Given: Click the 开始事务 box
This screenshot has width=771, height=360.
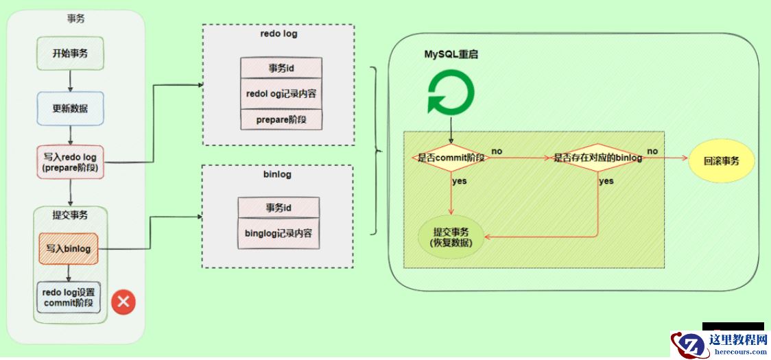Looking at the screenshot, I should (x=69, y=53).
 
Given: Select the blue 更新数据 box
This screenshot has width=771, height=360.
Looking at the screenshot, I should (x=69, y=108).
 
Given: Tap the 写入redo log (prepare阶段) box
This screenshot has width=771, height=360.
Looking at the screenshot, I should (x=69, y=162).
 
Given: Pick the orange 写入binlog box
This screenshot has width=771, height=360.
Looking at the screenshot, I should (x=69, y=248).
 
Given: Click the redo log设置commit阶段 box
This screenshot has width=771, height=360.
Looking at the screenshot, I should (x=69, y=298).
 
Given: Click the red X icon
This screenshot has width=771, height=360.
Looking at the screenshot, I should (x=123, y=302).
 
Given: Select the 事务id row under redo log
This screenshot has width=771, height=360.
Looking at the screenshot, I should (x=281, y=67).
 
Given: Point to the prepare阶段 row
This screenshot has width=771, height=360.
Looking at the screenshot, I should (x=281, y=119).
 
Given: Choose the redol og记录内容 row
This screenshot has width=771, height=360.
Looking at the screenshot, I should (x=281, y=93).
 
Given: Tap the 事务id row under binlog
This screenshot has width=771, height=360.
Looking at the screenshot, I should (x=278, y=208).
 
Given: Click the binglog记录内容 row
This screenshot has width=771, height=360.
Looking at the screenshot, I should (x=278, y=234).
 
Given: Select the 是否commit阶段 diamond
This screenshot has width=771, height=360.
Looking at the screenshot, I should (x=451, y=157).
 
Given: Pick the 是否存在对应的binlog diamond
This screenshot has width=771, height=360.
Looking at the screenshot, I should (x=597, y=158).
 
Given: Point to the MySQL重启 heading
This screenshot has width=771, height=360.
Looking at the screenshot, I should (x=451, y=54).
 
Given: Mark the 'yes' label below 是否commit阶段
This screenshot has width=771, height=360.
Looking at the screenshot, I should (x=459, y=181).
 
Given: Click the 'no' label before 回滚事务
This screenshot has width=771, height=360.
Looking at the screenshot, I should (x=653, y=151).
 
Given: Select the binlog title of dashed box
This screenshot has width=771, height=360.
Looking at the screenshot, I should (x=277, y=174).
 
